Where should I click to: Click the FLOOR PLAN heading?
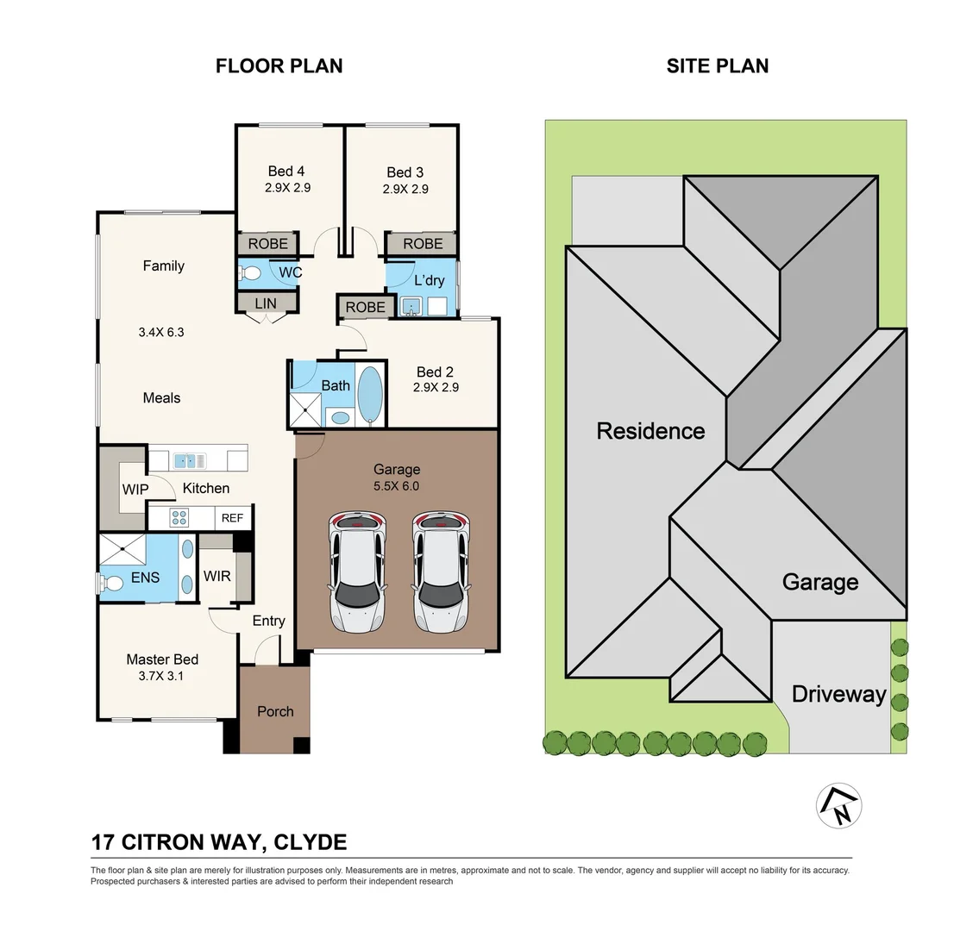click(x=279, y=66)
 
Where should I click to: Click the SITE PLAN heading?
click(x=718, y=66)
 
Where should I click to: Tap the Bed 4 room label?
click(x=286, y=171)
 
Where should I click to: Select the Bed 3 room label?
click(x=405, y=172)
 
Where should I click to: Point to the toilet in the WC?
click(x=250, y=273)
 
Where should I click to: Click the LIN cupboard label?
click(x=266, y=303)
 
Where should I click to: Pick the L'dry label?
click(x=430, y=280)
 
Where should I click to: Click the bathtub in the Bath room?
click(x=371, y=396)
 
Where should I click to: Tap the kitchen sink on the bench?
click(x=190, y=461)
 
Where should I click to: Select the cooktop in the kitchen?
click(x=179, y=518)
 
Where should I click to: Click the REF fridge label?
click(x=232, y=518)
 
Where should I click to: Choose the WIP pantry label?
click(x=135, y=490)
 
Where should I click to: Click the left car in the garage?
click(x=357, y=572)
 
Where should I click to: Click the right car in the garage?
click(x=441, y=572)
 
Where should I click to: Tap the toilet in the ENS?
click(x=110, y=584)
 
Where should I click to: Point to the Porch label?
click(x=275, y=711)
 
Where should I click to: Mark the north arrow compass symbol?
click(x=839, y=806)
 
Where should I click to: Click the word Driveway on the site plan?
click(x=839, y=695)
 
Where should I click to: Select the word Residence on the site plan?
click(x=650, y=431)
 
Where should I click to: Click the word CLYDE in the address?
click(x=311, y=842)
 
